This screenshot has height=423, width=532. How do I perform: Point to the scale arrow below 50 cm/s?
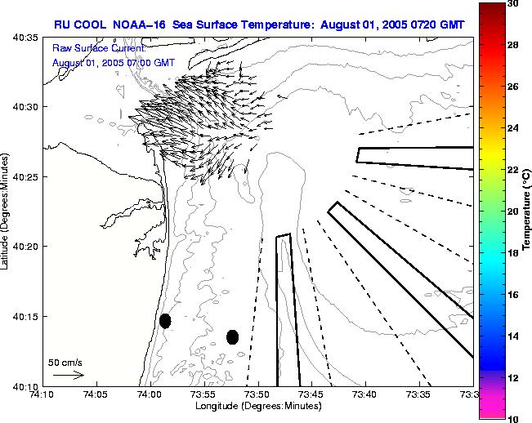pyautogui.click(x=68, y=375)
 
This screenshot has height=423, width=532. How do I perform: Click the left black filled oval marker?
pyautogui.click(x=165, y=321)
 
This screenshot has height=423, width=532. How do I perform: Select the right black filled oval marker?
pyautogui.click(x=232, y=336)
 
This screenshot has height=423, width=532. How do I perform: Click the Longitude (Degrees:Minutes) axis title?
pyautogui.click(x=257, y=407)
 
